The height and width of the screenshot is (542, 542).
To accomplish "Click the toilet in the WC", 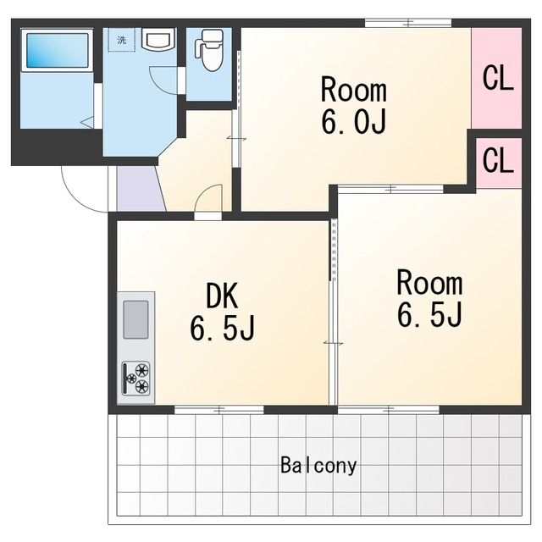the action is tap(208, 50).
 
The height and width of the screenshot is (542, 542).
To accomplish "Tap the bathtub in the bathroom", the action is tap(57, 51).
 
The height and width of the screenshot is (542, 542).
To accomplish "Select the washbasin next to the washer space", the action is tap(159, 40).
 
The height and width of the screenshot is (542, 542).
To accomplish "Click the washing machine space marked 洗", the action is tap(121, 40).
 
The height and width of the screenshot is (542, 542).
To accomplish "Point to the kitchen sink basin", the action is tap(135, 320).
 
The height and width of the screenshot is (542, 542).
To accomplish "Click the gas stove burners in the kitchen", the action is tap(135, 379).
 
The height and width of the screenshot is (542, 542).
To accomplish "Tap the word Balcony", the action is tap(318, 465).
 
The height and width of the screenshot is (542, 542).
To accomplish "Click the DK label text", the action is tap(222, 296).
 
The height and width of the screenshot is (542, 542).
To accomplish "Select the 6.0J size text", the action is tap(353, 121).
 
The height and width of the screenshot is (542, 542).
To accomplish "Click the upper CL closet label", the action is tap(498, 78).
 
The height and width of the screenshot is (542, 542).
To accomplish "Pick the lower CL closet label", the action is tap(498, 160).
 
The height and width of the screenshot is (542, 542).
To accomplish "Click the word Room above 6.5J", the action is tap(429, 283).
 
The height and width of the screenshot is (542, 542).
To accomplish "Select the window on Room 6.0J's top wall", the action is tap(408, 23).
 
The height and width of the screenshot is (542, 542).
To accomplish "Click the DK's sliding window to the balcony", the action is tap(219, 410).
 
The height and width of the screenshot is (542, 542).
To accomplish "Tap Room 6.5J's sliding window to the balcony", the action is tap(389, 410).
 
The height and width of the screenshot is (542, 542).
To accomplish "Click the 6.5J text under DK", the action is tap(222, 328).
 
